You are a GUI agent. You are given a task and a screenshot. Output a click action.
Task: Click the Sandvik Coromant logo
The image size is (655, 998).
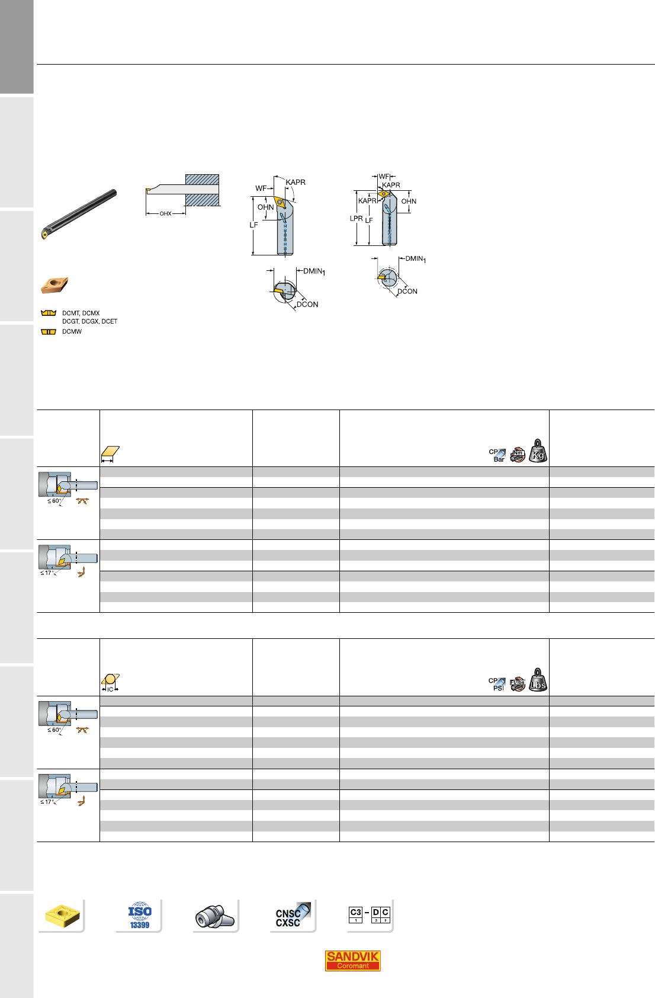[352, 960]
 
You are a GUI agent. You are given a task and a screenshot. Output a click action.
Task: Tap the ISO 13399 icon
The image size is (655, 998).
[140, 916]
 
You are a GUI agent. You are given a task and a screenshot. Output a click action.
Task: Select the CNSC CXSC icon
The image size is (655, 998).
[293, 916]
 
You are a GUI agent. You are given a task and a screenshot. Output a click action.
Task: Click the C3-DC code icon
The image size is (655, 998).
[370, 914]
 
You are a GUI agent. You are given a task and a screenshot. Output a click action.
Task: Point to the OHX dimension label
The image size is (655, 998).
[166, 214]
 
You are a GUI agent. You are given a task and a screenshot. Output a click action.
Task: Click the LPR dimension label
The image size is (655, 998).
[356, 218]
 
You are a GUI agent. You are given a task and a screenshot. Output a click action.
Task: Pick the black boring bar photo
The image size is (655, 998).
[79, 214]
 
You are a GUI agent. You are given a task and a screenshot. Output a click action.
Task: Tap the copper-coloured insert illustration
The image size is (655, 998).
[54, 285]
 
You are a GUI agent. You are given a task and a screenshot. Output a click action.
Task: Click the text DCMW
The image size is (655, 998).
[72, 331]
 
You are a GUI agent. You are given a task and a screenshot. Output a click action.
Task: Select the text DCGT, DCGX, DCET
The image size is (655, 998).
[90, 321]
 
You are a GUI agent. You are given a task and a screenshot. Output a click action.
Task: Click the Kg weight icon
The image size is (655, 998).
[538, 451]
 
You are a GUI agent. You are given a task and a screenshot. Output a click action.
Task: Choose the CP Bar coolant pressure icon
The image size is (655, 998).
[497, 455]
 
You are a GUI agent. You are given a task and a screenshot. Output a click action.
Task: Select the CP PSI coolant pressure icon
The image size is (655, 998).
[497, 684]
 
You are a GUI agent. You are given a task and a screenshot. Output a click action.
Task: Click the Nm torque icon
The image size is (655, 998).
[518, 455]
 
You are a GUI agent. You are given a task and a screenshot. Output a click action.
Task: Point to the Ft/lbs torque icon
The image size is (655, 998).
[518, 684]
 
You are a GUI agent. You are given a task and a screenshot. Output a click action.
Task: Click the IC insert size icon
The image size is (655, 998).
[110, 683]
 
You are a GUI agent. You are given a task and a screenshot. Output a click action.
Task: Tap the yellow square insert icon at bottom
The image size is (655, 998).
[62, 916]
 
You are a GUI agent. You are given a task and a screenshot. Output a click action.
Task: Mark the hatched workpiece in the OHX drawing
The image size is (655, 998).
[202, 190]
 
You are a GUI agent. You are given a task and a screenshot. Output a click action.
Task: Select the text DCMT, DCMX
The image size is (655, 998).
[81, 314]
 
